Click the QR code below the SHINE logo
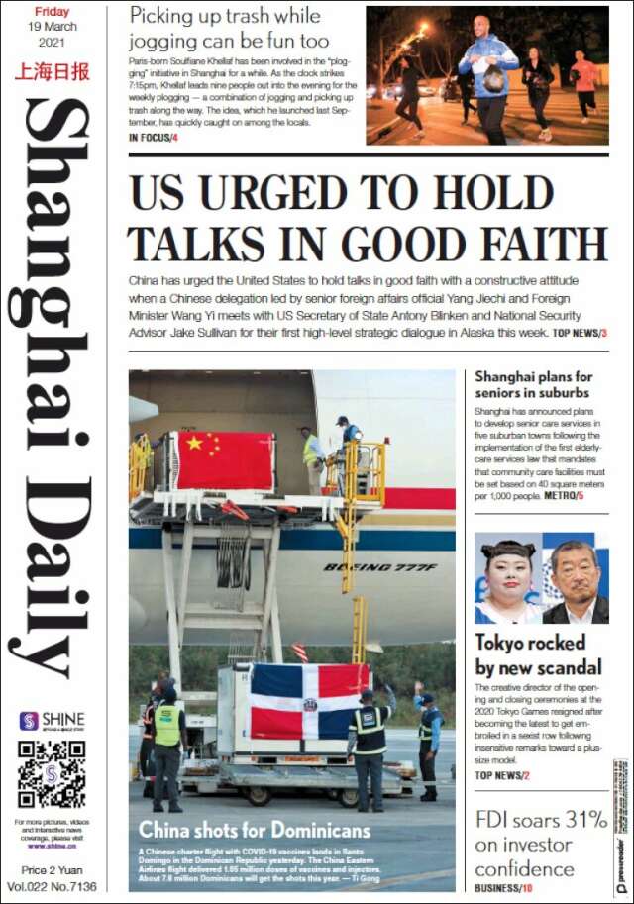(x=52, y=773)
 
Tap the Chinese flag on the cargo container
(x=225, y=460)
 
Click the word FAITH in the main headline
(x=536, y=244)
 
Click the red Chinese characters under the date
(x=53, y=71)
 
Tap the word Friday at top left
(x=52, y=12)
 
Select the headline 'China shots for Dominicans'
(x=255, y=830)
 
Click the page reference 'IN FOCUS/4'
(x=154, y=137)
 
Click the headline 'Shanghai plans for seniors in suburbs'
(x=533, y=384)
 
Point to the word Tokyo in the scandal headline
(x=502, y=643)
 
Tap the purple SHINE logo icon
(x=28, y=721)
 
